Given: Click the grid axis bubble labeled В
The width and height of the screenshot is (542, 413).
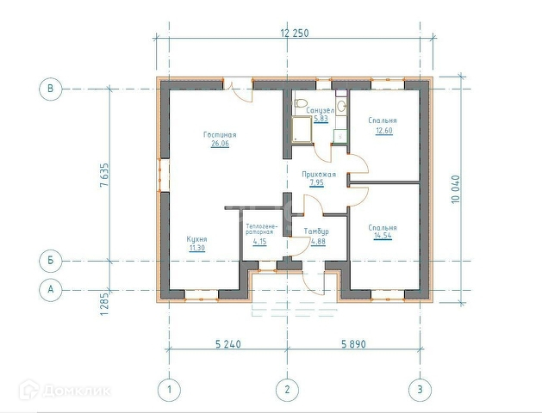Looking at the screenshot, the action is click(51, 89).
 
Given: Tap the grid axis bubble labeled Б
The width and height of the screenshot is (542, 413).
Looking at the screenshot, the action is click(51, 261).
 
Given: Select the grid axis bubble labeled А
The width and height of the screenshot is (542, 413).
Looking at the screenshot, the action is click(51, 289).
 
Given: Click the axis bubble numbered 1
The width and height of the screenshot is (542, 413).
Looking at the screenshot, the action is click(169, 390).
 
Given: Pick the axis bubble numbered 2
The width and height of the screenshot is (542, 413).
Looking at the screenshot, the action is click(287, 390).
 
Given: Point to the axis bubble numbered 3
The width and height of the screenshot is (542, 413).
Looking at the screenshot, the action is click(420, 390).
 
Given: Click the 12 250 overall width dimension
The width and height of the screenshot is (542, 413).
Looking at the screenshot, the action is click(294, 33).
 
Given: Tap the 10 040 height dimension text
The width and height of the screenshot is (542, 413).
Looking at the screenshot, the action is click(456, 188).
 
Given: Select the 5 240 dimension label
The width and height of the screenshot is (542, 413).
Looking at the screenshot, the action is click(228, 344).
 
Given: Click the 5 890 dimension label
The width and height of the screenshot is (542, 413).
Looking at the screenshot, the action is click(353, 344).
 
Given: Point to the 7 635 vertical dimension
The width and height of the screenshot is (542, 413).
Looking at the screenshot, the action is click(104, 175).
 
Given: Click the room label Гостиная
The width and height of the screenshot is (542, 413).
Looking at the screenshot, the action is click(220, 134).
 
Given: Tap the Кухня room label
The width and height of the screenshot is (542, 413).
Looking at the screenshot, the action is click(196, 239).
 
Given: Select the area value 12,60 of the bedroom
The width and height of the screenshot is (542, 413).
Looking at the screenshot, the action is click(384, 131).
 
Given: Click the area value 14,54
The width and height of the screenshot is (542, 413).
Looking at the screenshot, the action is click(383, 236).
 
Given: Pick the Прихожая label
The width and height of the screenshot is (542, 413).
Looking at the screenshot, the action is click(319, 175).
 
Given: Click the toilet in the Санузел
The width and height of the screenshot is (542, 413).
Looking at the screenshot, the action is click(301, 103).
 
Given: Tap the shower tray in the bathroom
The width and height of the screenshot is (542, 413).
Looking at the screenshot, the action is click(302, 129).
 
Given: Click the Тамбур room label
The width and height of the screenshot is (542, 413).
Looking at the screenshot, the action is click(316, 231).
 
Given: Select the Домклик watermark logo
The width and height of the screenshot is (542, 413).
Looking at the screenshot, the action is click(65, 391).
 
